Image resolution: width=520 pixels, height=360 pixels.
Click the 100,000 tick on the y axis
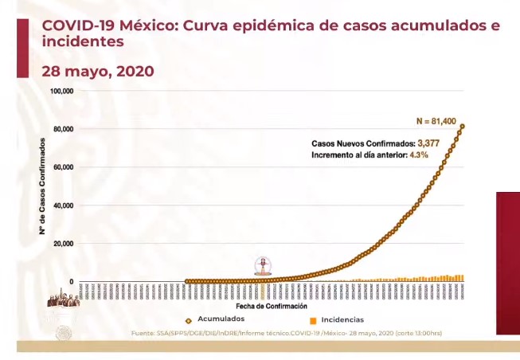point(61,91)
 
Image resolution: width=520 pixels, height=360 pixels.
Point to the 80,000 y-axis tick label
point(63,129)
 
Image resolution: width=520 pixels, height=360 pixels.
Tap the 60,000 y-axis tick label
point(63,167)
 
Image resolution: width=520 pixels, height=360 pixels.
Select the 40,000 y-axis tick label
point(63,205)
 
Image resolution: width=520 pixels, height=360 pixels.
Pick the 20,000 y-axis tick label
point(63,244)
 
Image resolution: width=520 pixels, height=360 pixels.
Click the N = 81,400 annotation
point(436,121)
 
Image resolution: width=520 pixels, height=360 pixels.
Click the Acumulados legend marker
point(190,319)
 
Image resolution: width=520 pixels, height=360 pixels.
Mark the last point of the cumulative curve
point(463,126)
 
